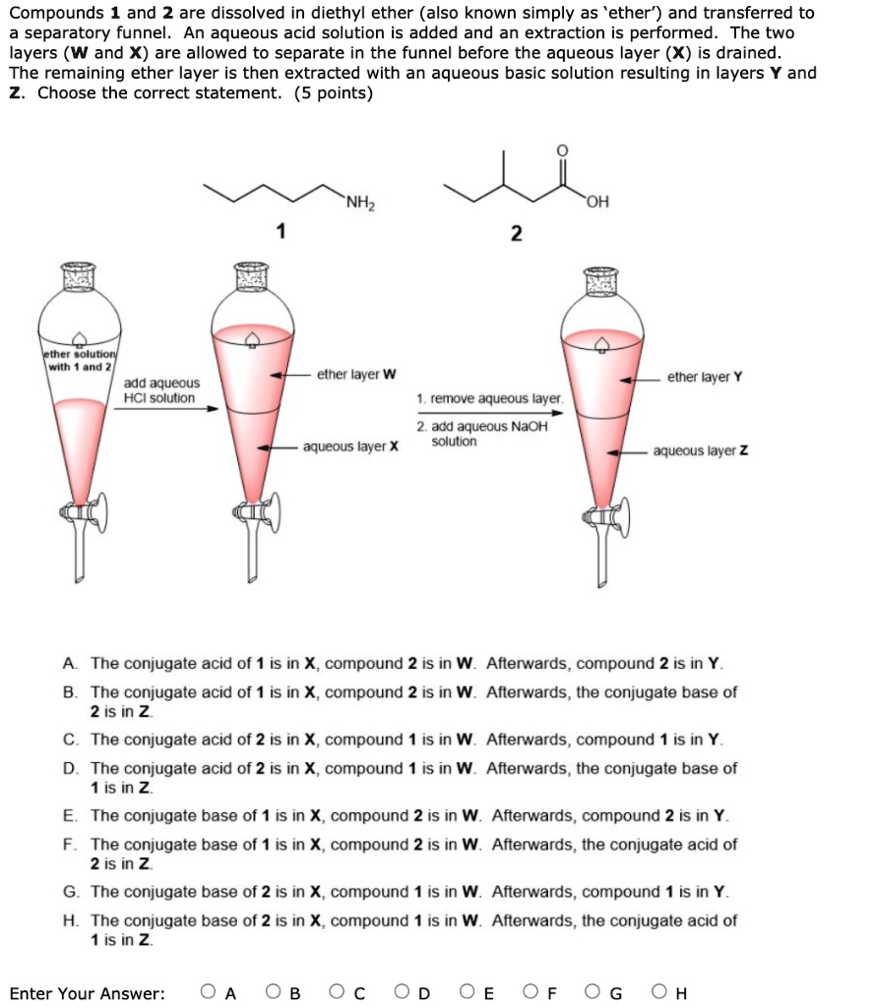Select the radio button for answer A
(x=209, y=992)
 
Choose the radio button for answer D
(x=403, y=992)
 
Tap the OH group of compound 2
(x=596, y=203)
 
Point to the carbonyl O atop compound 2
(x=562, y=150)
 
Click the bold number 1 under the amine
(x=281, y=232)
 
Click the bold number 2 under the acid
(x=516, y=234)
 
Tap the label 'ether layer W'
(x=357, y=375)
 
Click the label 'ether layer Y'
(x=705, y=377)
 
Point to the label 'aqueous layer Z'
(x=700, y=451)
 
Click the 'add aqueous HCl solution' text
(x=161, y=390)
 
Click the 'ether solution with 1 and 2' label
(x=80, y=360)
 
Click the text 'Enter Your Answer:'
(x=88, y=993)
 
